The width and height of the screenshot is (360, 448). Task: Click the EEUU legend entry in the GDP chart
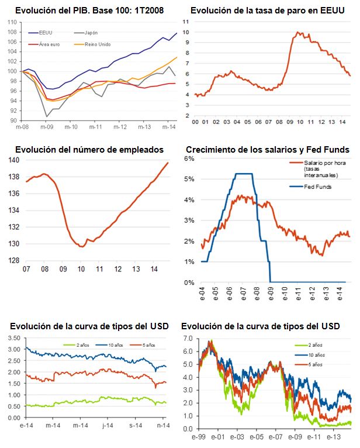click(49, 34)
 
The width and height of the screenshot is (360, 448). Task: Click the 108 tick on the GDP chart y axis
click(12, 32)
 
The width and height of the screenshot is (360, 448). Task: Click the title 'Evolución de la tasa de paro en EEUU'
click(267, 11)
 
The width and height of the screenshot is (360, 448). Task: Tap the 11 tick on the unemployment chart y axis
click(186, 20)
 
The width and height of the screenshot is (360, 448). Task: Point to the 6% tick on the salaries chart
click(189, 158)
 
